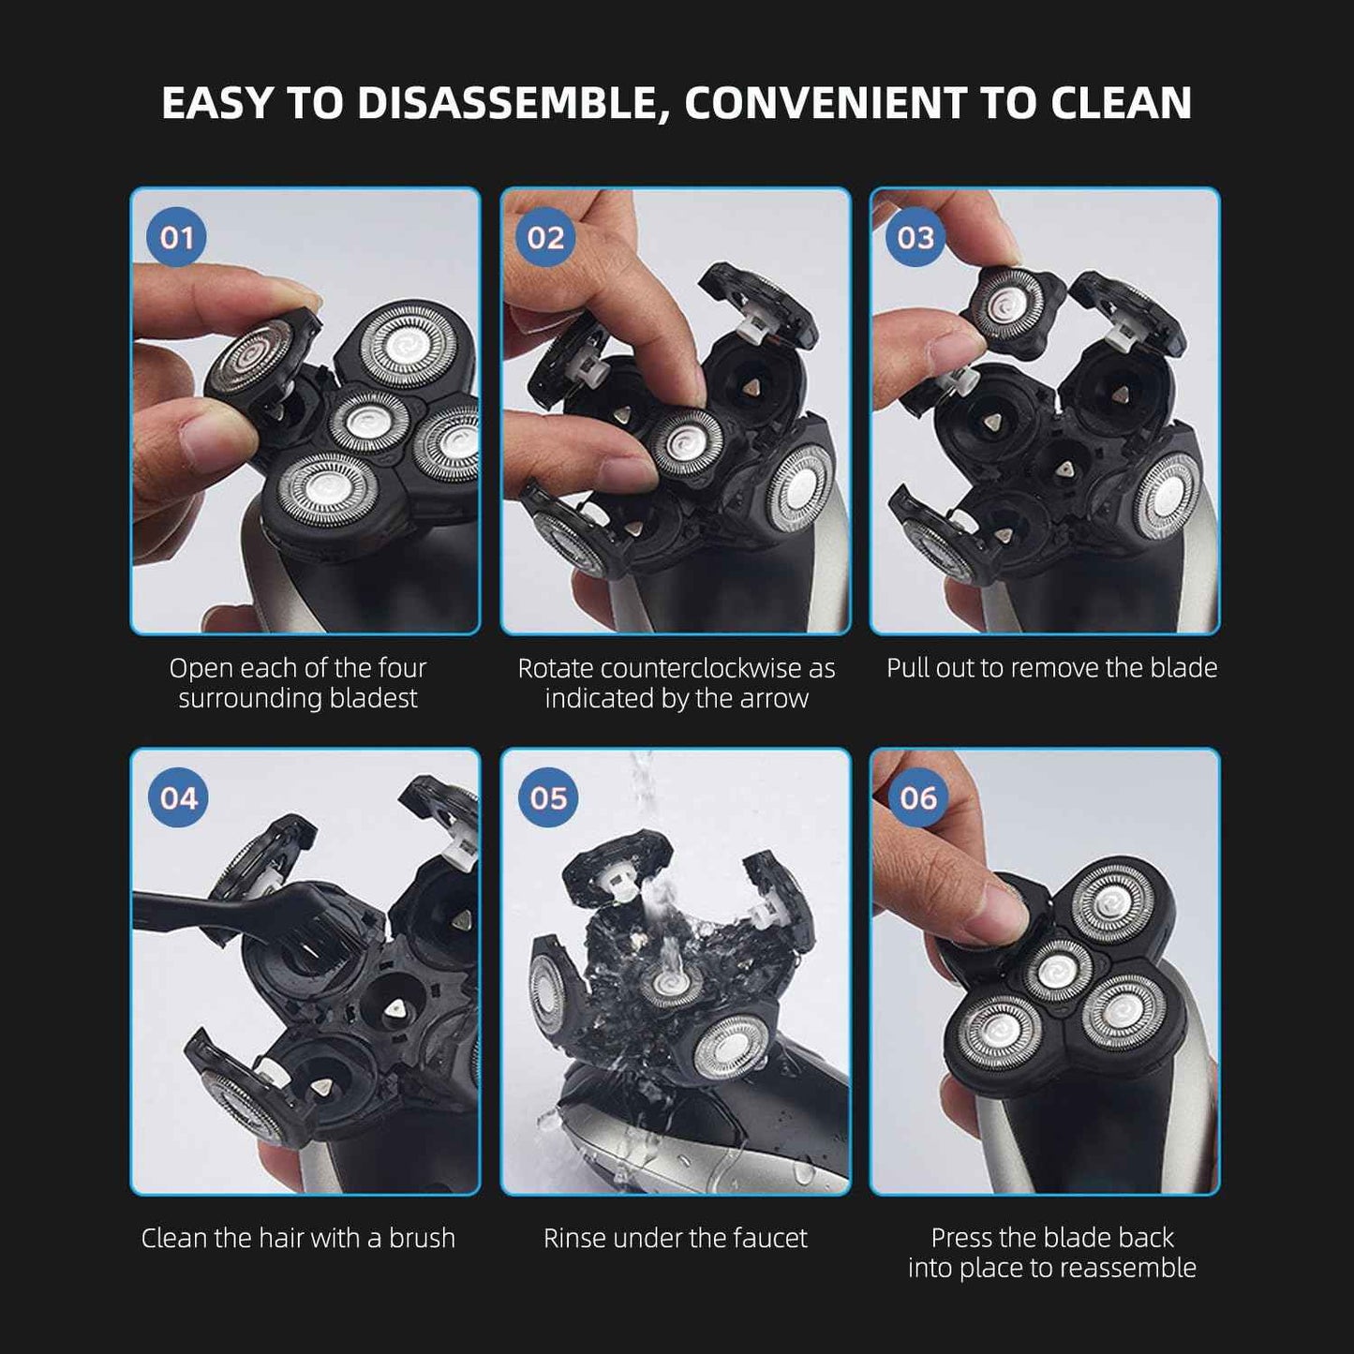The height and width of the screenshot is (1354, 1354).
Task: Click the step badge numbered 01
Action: point(176,238)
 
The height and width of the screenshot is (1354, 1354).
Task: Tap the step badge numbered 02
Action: point(545,238)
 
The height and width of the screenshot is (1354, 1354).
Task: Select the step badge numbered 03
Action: point(915,238)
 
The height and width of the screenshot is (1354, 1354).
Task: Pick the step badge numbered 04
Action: point(178,798)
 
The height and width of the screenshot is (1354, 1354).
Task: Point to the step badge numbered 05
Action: point(548,798)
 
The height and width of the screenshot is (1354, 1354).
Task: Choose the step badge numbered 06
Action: point(917,798)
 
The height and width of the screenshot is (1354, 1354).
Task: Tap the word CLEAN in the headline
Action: point(1121,103)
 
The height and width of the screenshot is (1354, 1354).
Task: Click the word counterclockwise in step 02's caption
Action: point(700,668)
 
